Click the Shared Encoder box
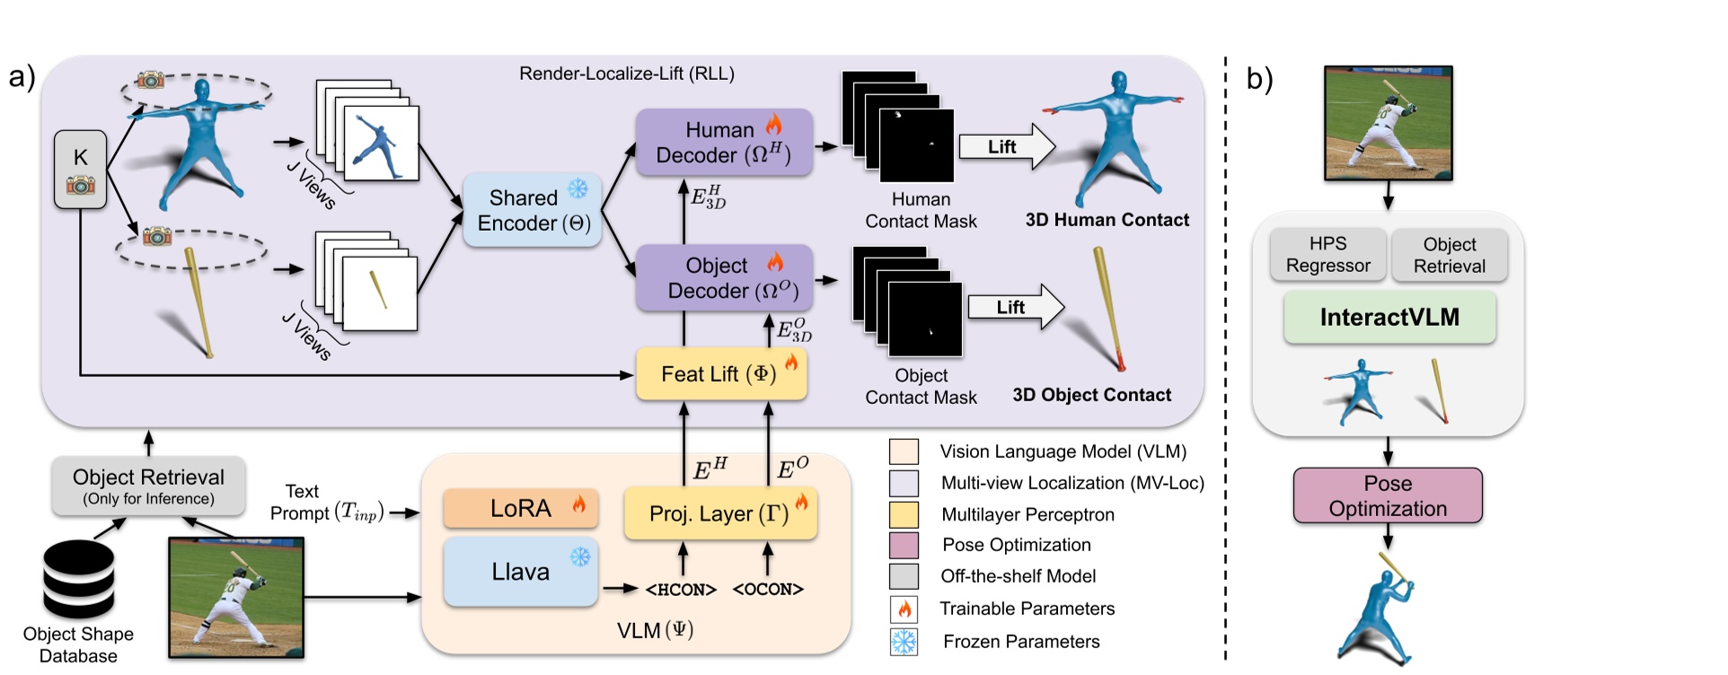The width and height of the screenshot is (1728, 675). (532, 210)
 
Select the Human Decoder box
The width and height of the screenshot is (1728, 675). (724, 142)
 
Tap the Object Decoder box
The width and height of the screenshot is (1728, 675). (724, 278)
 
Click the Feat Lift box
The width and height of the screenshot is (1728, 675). (720, 374)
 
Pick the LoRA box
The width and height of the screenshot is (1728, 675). (521, 508)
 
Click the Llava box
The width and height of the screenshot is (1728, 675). (521, 572)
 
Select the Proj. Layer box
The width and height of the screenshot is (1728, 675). (720, 513)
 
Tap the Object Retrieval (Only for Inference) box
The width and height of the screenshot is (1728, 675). (148, 486)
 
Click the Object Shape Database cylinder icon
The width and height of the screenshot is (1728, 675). (79, 580)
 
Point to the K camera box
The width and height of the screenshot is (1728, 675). (80, 170)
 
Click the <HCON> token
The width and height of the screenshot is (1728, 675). (681, 590)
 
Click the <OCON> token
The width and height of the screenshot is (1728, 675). (768, 590)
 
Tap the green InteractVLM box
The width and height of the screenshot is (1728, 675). (1389, 317)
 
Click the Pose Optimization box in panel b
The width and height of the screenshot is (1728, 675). (1388, 495)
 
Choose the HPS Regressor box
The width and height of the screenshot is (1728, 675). (1327, 254)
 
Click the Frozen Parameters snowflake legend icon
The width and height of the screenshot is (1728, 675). (904, 642)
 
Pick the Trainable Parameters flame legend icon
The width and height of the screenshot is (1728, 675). (904, 609)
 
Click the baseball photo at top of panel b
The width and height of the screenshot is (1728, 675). (1388, 123)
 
